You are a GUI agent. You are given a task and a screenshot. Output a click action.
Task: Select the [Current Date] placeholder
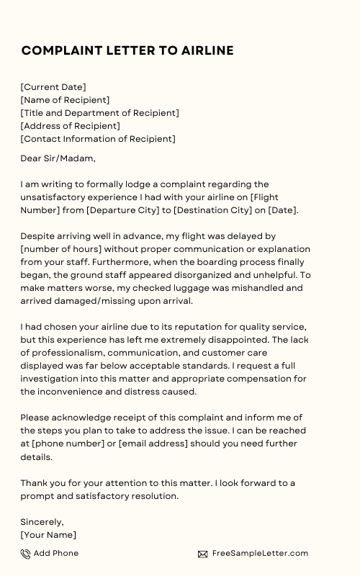tap(53, 87)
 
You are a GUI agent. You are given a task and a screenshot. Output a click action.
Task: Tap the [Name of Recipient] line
tap(65, 100)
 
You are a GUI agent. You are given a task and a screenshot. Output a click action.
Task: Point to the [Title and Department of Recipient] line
tap(99, 113)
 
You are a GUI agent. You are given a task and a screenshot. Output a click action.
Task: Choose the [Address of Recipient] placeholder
tap(70, 126)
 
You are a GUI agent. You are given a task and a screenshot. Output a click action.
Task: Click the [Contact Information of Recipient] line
tap(98, 139)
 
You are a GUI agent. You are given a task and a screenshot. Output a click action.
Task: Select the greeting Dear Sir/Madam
tap(58, 158)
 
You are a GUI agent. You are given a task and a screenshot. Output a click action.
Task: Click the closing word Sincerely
tap(42, 522)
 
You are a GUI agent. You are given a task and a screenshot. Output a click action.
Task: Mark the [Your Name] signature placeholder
tap(48, 535)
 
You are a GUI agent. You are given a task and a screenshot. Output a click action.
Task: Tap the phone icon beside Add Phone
tap(25, 554)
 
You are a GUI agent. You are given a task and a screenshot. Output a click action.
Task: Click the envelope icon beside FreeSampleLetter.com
tap(203, 554)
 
